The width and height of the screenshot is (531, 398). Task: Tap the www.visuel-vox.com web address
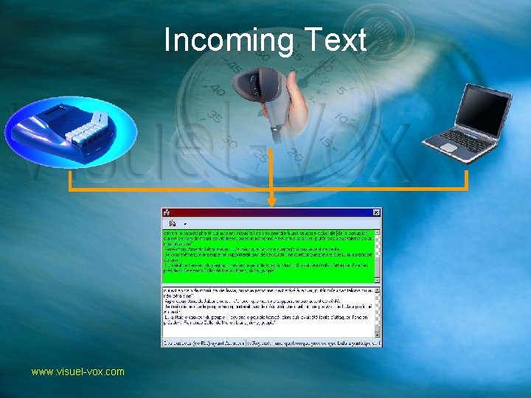pyautogui.click(x=77, y=372)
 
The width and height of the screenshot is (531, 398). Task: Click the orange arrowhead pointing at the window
pyautogui.click(x=272, y=200)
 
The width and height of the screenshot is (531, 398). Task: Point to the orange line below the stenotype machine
pyautogui.click(x=70, y=181)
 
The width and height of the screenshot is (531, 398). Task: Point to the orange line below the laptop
pyautogui.click(x=467, y=181)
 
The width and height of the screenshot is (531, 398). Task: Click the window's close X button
pyautogui.click(x=377, y=212)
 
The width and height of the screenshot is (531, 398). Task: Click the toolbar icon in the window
pyautogui.click(x=173, y=223)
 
